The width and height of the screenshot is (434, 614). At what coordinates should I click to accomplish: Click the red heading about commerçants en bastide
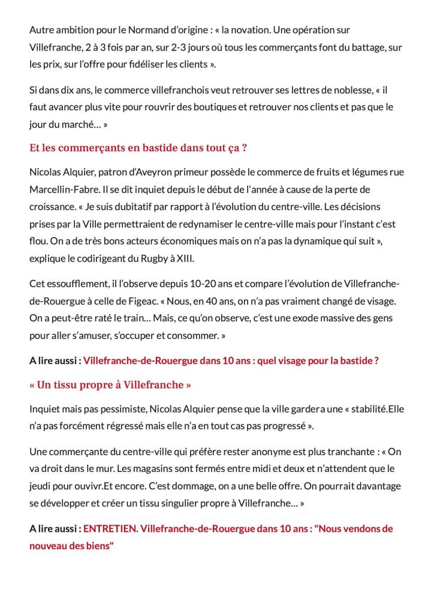click(x=138, y=148)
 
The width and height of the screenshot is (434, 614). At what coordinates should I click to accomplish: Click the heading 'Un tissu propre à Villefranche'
click(x=110, y=384)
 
